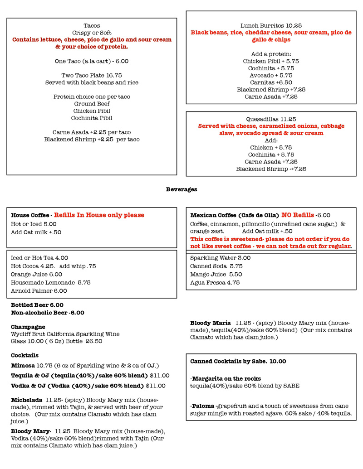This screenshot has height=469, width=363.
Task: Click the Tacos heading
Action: pos(92,26)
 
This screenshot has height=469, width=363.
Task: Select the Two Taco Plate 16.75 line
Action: pos(92,75)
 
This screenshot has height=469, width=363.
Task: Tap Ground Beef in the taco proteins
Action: pos(92,104)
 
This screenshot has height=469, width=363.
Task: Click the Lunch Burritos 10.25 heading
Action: pos(271,26)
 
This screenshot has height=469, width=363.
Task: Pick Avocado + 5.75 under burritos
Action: pos(271,75)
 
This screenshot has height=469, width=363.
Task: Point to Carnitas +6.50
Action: pos(271,82)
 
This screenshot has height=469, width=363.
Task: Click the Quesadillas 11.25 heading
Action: pos(271,119)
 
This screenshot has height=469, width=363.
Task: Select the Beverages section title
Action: pos(181,189)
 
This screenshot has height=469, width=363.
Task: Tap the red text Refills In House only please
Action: pos(99,215)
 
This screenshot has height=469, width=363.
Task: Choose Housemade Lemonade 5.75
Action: pos(50,282)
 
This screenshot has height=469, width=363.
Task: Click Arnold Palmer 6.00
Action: pos(39,291)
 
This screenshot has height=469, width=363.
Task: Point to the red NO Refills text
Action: pos(298,215)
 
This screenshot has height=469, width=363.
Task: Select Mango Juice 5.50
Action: pos(216,275)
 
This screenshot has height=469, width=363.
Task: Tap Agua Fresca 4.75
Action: pos(215,283)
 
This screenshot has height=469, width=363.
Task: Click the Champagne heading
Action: pos(28,327)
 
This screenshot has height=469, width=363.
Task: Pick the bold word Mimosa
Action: pos(23,366)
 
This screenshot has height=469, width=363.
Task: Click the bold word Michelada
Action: pos(26,400)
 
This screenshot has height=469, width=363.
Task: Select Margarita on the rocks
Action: pos(226,379)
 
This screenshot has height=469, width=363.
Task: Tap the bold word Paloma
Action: pos(202,406)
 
